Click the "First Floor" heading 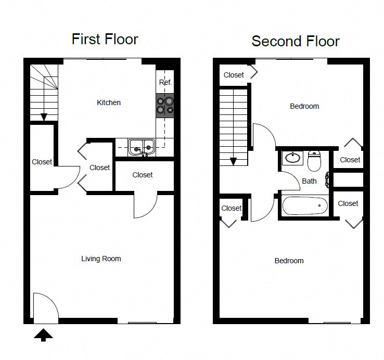click(105, 39)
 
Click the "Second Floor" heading click(295, 41)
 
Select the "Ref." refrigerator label click(165, 83)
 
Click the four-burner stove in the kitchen click(165, 105)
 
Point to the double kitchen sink click(142, 147)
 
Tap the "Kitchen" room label click(109, 102)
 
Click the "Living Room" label click(101, 259)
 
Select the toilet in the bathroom click(314, 160)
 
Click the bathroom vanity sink click(292, 158)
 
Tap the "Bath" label click(309, 181)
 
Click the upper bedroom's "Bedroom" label click(304, 106)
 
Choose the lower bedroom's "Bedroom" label click(289, 261)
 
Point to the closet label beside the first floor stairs click(42, 162)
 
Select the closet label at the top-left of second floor click(234, 75)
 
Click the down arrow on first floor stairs click(44, 116)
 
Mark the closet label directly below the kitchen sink click(142, 175)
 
